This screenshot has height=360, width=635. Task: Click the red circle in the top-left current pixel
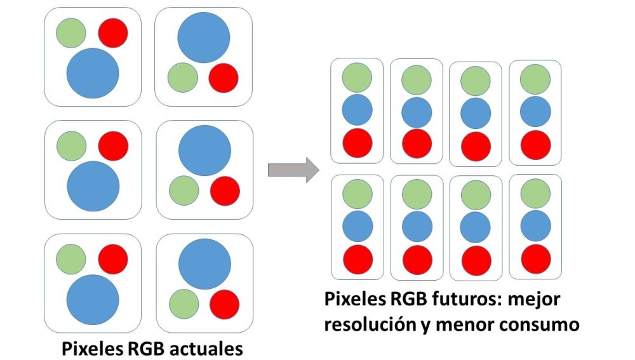point(113,32)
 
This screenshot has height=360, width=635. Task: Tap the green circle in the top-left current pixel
point(71,32)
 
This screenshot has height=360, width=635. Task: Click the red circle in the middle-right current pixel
point(225,190)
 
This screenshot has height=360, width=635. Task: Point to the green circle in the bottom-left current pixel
point(71,259)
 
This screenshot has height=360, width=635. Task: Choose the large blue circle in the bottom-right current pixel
point(204,265)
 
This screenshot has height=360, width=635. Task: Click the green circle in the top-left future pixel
point(357,77)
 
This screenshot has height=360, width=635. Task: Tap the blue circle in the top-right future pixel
point(535,111)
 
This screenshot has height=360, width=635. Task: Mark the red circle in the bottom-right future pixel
point(536,258)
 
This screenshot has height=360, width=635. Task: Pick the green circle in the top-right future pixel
point(535,78)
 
